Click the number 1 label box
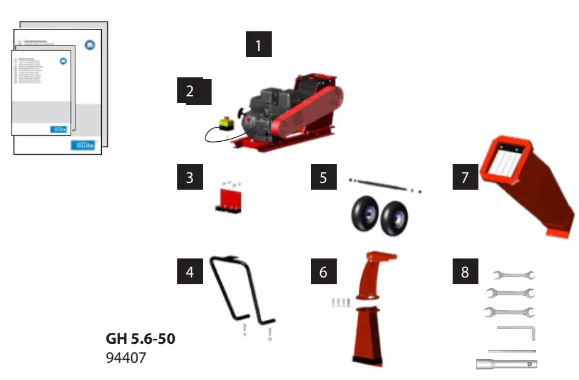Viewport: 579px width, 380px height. click(x=258, y=45)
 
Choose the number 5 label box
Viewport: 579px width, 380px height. click(x=323, y=177)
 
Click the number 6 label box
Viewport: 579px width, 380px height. click(x=323, y=271)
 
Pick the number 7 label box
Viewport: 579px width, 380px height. click(x=464, y=177)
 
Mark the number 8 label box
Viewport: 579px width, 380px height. click(x=464, y=271)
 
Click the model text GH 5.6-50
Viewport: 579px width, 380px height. click(x=140, y=339)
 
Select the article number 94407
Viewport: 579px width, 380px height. click(x=126, y=357)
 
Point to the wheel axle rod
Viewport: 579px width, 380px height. click(x=380, y=185)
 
